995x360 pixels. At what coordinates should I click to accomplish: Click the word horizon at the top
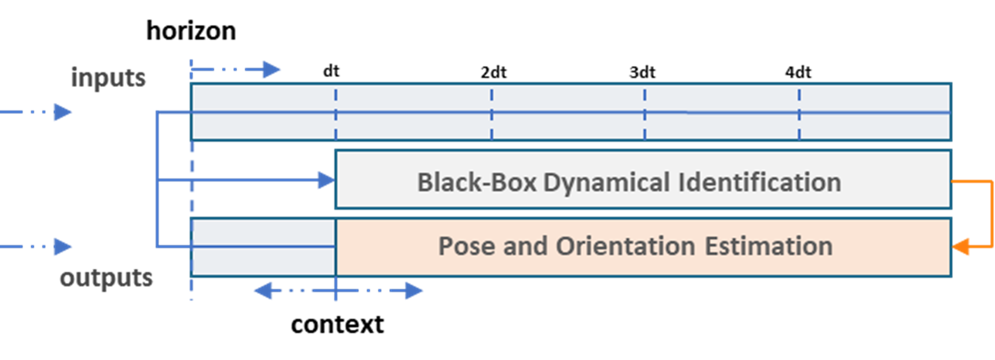pos(191,31)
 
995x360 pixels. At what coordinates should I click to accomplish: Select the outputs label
pos(106,278)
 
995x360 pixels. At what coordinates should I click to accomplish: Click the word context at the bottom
pos(337,324)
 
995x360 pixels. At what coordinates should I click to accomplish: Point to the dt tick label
pos(331,71)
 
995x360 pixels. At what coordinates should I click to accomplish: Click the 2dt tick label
pos(493,72)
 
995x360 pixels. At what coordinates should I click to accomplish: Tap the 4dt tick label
pos(798,72)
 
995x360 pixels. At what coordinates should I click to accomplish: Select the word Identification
pos(759,182)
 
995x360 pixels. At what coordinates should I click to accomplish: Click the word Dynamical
pos(606,182)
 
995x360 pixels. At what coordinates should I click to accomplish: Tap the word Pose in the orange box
pos(466,246)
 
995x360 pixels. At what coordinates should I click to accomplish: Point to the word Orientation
pos(625,246)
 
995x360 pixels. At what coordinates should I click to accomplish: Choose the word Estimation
pos(768,246)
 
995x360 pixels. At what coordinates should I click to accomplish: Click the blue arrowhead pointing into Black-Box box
pos(326,180)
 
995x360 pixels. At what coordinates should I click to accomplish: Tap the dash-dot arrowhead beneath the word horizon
pos(271,69)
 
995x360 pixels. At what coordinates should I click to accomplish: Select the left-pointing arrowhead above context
pos(263,291)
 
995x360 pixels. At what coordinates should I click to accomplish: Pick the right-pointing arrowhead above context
pos(413,291)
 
